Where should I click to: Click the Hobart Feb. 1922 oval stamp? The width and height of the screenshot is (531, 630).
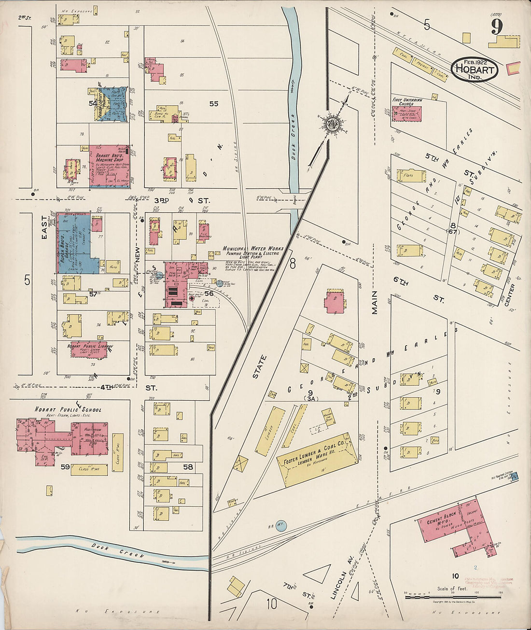[475, 69]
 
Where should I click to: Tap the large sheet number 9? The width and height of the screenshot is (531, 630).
[497, 27]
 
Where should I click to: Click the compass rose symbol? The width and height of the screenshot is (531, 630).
[332, 123]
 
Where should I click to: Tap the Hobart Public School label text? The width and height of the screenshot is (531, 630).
[68, 409]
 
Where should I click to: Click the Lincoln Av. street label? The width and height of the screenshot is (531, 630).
[342, 579]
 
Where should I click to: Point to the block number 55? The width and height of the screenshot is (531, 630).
[213, 103]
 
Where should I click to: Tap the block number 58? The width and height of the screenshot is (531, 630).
[188, 467]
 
